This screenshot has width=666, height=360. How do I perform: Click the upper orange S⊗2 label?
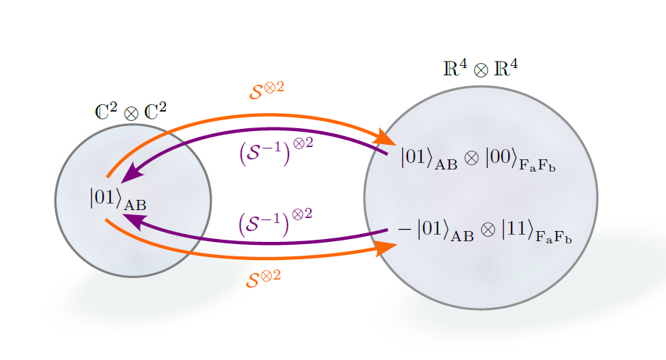pos(266,91)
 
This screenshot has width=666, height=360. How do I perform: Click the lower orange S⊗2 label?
pos(263,278)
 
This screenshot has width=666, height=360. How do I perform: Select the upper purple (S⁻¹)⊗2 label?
pos(276,151)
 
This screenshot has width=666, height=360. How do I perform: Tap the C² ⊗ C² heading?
pos(130,112)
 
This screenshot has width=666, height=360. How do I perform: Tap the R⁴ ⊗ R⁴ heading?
pos(480,69)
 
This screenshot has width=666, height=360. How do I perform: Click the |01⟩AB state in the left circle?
pos(117,199)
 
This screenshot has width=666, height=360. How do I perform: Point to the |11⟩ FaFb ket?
pos(536,232)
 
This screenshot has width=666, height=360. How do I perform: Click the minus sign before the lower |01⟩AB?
pos(404,229)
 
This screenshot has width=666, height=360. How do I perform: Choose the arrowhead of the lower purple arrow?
pos(133,221)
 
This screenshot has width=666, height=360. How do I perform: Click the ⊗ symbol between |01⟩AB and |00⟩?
pos(471,159)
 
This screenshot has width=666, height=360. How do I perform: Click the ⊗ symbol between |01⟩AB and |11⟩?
pos(488,230)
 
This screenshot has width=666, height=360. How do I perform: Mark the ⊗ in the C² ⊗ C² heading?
pos(131,114)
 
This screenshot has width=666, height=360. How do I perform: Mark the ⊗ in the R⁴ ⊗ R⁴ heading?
pos(480,70)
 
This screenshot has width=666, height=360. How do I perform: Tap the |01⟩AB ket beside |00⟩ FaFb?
pos(429,159)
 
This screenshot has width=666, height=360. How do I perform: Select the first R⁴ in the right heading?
pos(455,68)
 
